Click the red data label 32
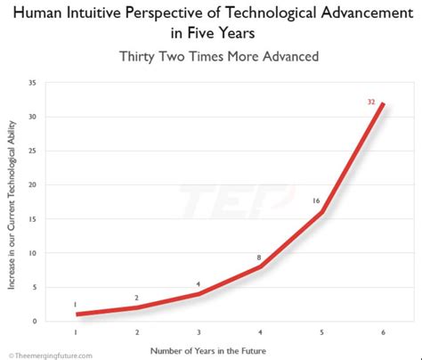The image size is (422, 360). pyautogui.click(x=371, y=102)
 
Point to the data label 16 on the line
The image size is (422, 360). pyautogui.click(x=316, y=201)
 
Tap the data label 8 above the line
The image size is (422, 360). pyautogui.click(x=259, y=258)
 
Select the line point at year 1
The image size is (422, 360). pyautogui.click(x=76, y=315)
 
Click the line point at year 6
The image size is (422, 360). pyautogui.click(x=384, y=104)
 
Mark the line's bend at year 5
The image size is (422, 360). pyautogui.click(x=321, y=213)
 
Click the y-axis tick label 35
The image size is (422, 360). pyautogui.click(x=57, y=84)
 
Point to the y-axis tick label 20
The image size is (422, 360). pyautogui.click(x=57, y=185)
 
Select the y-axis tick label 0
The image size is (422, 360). pyautogui.click(x=59, y=321)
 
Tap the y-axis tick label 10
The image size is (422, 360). pyautogui.click(x=57, y=253)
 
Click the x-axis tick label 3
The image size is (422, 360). pyautogui.click(x=199, y=332)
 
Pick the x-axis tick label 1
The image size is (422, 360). pyautogui.click(x=76, y=332)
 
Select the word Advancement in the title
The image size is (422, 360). pyautogui.click(x=345, y=12)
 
